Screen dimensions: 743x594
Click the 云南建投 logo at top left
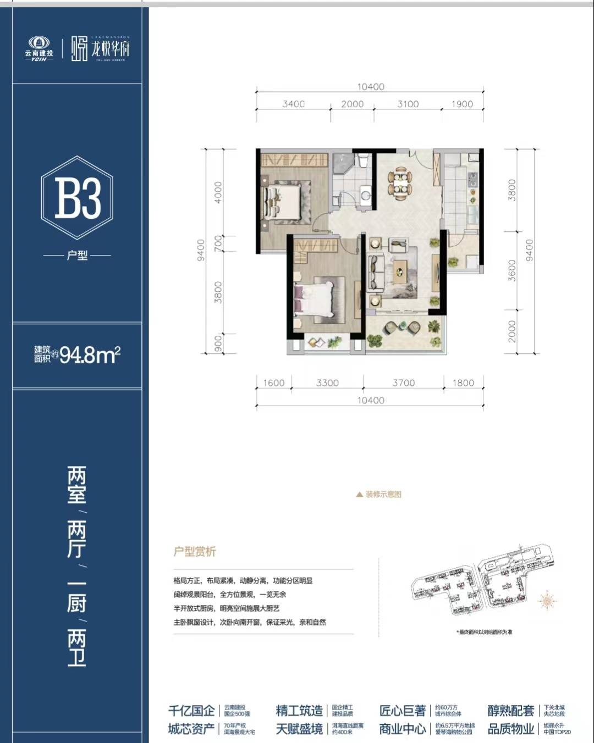(39, 48)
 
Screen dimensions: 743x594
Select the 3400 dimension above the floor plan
(293, 104)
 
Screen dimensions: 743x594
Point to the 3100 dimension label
(408, 104)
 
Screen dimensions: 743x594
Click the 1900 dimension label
(462, 104)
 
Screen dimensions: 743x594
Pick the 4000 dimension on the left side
(218, 192)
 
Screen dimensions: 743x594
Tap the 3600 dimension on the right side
(512, 270)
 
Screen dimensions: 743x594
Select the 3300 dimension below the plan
(327, 383)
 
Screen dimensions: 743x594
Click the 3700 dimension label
(403, 383)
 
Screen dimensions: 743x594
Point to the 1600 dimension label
(274, 383)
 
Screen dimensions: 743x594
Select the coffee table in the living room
(400, 269)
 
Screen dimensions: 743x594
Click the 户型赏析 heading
(195, 552)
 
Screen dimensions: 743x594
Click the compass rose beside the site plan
(547, 601)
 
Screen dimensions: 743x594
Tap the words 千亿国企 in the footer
(191, 711)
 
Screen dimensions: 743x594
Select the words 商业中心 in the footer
(402, 729)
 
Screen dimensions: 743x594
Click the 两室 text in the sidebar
(77, 485)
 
